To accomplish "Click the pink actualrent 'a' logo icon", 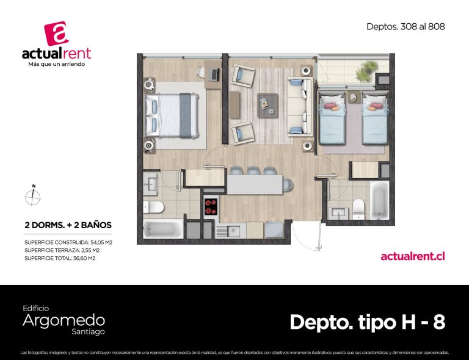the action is pyautogui.click(x=57, y=33).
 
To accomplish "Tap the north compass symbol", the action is pyautogui.click(x=32, y=196).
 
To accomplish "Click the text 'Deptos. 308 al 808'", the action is pyautogui.click(x=405, y=27).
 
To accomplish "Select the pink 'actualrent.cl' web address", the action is pyautogui.click(x=413, y=256).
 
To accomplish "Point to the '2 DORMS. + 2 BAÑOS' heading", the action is pyautogui.click(x=68, y=225).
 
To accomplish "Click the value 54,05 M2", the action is pyautogui.click(x=101, y=242).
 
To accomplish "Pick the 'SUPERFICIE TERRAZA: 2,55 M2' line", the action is pyautogui.click(x=62, y=250).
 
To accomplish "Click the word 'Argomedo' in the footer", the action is pyautogui.click(x=64, y=320).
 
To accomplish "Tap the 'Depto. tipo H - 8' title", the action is pyautogui.click(x=367, y=322).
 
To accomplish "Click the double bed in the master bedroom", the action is pyautogui.click(x=172, y=115).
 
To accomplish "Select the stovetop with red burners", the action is pyautogui.click(x=211, y=206).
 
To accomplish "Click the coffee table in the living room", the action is pyautogui.click(x=267, y=106).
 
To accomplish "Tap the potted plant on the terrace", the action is pyautogui.click(x=366, y=71).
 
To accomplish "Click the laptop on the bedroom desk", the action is pyautogui.click(x=214, y=74).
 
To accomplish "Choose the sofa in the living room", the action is pyautogui.click(x=299, y=106).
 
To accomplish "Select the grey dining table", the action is pyautogui.click(x=255, y=185).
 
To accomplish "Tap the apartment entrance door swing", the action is pyautogui.click(x=307, y=236).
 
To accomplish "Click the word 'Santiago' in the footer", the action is pyautogui.click(x=88, y=332).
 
